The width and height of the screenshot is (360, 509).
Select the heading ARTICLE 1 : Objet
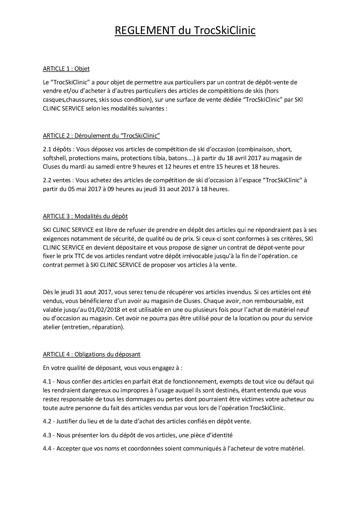pyautogui.click(x=66, y=69)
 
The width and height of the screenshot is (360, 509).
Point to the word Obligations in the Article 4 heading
pyautogui.click(x=90, y=354)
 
